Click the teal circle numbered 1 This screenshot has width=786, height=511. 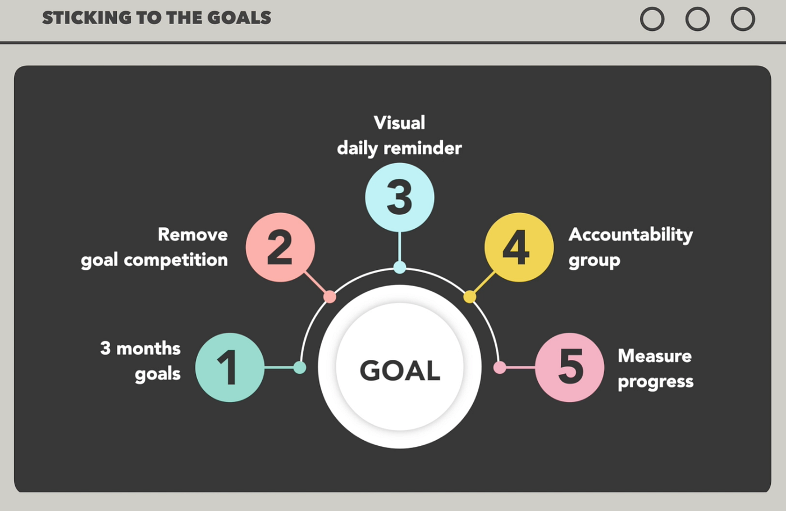pos(230,367)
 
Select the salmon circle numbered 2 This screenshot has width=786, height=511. pos(280,247)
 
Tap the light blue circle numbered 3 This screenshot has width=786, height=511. pos(400,197)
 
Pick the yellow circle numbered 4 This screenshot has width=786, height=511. pos(519,247)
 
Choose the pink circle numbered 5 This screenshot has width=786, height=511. pos(569,367)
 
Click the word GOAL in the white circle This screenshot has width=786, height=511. pos(400,370)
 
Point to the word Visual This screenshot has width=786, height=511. pos(399,123)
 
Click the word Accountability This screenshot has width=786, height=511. pos(630,235)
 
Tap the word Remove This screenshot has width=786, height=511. pos(193,234)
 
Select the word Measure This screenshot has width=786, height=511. pos(655,356)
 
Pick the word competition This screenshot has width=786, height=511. pos(176,260)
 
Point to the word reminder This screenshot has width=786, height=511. pos(422,148)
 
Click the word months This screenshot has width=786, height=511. pos(148,349)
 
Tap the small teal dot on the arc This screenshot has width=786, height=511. pos(300,368)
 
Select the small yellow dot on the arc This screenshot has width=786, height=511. pos(470,297)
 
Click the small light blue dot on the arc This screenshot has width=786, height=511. pos(400,268)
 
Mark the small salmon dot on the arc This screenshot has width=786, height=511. pos(330,297)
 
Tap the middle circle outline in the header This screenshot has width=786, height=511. pos(697,7)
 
